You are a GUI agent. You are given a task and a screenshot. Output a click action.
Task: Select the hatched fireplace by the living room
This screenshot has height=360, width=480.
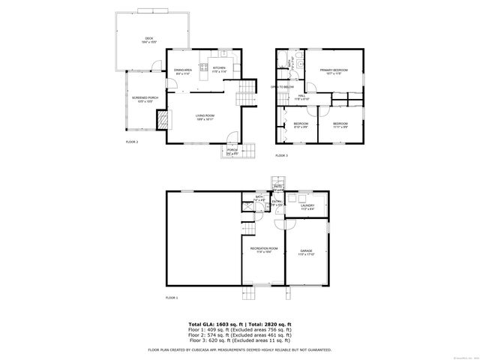[x=160, y=119]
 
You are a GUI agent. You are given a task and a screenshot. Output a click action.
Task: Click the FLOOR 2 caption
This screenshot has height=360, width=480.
[x=132, y=141]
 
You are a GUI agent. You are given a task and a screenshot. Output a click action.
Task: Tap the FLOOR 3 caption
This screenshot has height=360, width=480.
[x=281, y=155]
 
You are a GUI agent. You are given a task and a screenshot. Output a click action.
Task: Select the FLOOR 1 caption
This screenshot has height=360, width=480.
[x=172, y=298]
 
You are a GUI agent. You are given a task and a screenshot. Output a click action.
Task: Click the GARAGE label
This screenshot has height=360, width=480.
[x=306, y=251]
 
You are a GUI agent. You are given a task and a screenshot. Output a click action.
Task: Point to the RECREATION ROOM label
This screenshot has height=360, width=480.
[x=264, y=249]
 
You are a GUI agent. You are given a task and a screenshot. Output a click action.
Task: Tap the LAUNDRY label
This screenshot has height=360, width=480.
[x=307, y=205]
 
